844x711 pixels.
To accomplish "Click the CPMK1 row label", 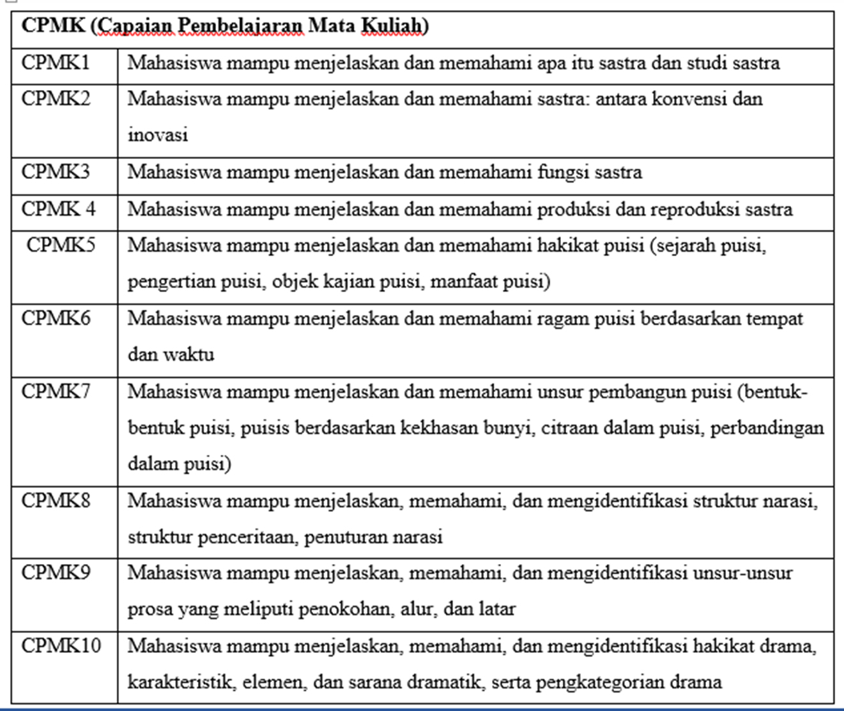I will pyautogui.click(x=56, y=63).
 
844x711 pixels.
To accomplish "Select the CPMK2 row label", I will pyautogui.click(x=56, y=99).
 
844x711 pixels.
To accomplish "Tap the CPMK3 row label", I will pyautogui.click(x=56, y=172).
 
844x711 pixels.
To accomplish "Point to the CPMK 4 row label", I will pyautogui.click(x=58, y=209).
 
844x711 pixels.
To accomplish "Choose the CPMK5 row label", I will pyautogui.click(x=61, y=245).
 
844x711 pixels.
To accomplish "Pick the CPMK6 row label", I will pyautogui.click(x=56, y=318).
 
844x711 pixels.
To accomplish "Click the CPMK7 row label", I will pyautogui.click(x=56, y=391).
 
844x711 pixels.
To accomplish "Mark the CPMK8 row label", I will pyautogui.click(x=56, y=500).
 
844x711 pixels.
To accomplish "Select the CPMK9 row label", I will pyautogui.click(x=56, y=572).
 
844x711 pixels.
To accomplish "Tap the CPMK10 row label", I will pyautogui.click(x=61, y=646).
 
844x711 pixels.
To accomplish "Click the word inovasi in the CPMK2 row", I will pyautogui.click(x=158, y=135).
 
